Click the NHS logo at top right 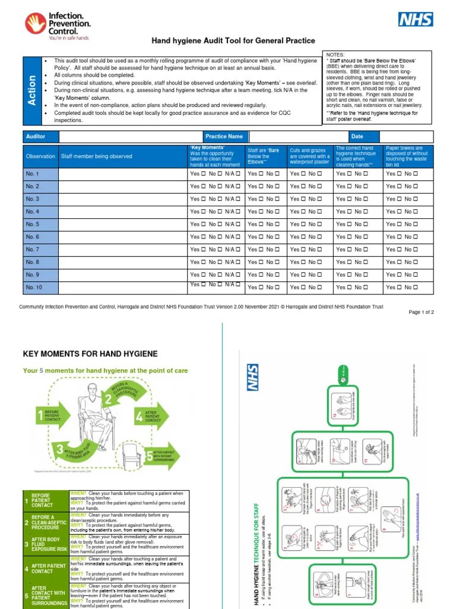click(416, 20)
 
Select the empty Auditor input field click(130, 136)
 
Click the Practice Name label click(224, 136)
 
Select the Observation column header click(40, 156)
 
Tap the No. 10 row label click(34, 287)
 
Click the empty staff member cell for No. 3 click(121, 199)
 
